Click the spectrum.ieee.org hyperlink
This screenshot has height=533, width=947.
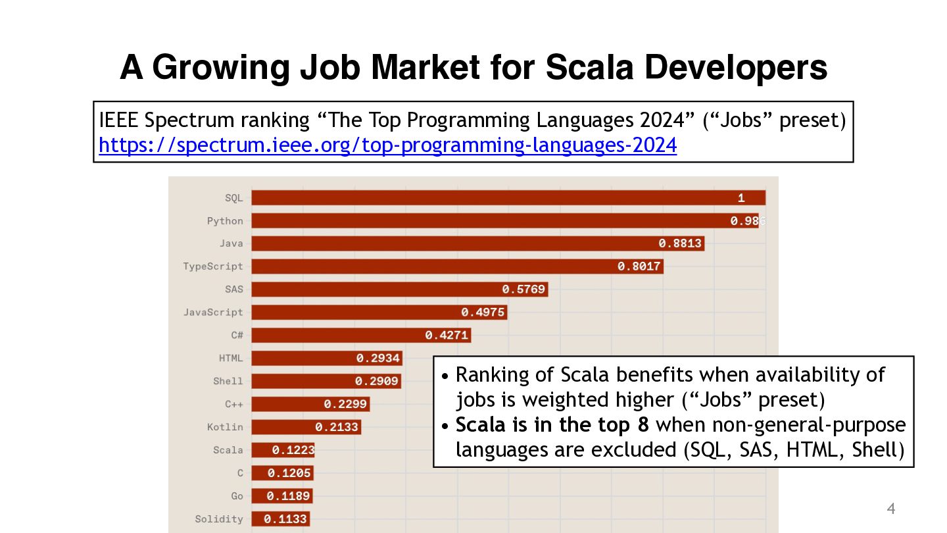(387, 145)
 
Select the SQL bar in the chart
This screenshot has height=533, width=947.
(493, 198)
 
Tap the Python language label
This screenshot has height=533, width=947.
(225, 221)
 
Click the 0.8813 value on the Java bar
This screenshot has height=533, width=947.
(681, 243)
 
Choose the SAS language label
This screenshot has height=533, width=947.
(233, 290)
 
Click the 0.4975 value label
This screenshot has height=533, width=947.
(483, 313)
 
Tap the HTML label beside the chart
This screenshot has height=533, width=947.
(231, 359)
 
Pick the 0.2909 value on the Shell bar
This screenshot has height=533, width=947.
(377, 382)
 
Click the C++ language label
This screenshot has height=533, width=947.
(233, 404)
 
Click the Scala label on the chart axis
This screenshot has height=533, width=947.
(228, 450)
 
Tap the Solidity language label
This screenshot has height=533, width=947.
(219, 519)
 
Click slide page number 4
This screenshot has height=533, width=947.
(891, 509)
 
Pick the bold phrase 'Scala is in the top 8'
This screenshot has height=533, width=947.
(552, 425)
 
